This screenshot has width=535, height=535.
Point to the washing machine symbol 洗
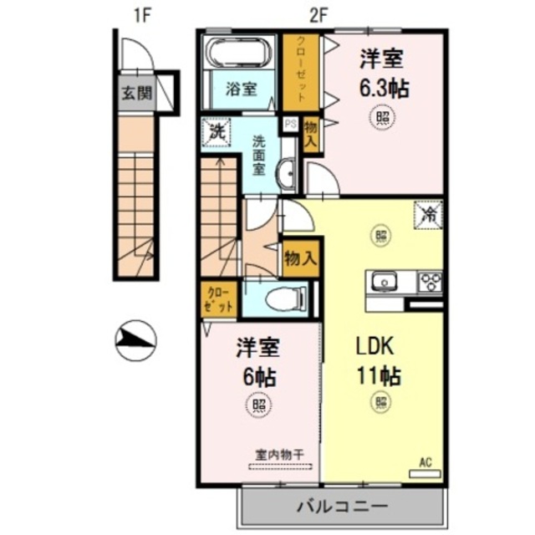click(x=217, y=132)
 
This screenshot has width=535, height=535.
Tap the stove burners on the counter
click(x=430, y=281)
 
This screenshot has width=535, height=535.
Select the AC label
click(x=424, y=461)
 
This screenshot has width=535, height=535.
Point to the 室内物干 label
click(x=279, y=455)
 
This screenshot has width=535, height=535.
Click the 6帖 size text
click(x=258, y=375)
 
